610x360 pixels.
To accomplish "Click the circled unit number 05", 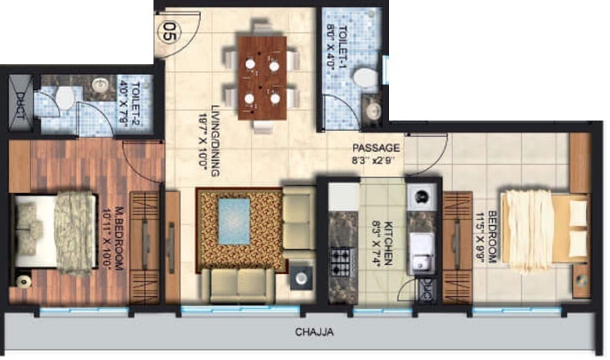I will tap(168, 33).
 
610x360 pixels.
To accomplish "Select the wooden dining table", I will tap(261, 77).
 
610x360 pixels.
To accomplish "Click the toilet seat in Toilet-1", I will tap(366, 78).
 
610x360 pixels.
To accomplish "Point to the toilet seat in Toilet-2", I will tap(64, 97).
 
